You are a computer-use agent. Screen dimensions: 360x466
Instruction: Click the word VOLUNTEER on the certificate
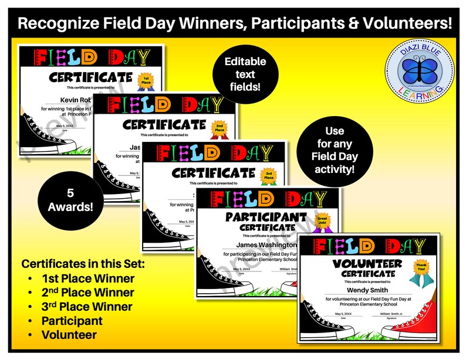(x=366, y=263)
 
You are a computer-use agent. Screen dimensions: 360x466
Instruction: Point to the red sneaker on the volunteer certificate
(x=417, y=324)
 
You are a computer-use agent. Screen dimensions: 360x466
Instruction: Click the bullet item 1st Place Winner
(x=87, y=279)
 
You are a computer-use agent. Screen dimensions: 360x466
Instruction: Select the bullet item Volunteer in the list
(x=70, y=335)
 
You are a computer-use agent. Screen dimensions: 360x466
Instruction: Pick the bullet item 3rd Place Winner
(x=87, y=307)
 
